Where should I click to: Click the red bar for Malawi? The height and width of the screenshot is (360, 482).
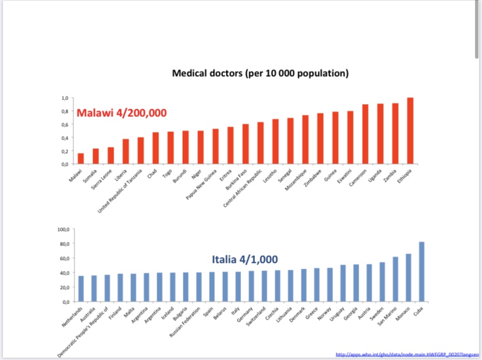coord(80,158)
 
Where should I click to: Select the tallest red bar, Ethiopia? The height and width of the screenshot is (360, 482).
coord(410,131)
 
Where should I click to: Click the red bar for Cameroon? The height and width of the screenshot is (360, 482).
coord(366,134)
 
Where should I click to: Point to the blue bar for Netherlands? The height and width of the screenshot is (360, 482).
coord(81,288)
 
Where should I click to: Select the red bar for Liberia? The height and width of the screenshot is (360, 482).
coord(125,151)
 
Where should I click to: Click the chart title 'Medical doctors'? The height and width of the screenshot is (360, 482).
coord(260,73)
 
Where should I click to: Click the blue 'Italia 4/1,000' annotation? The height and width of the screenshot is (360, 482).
coord(244,259)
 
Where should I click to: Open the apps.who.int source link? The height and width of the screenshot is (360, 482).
coord(407,354)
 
